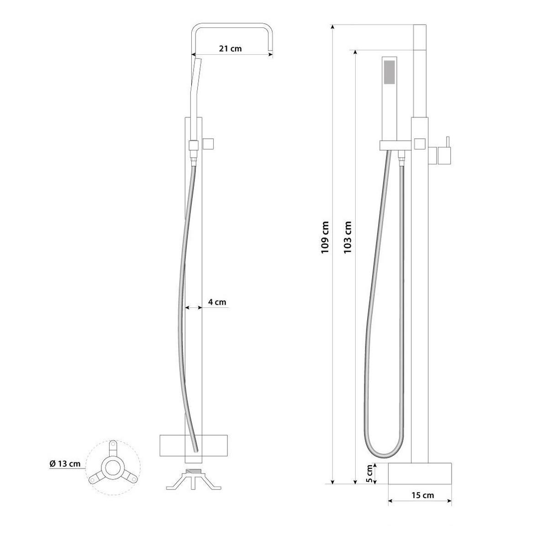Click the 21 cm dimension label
[x=230, y=48]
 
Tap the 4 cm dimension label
[x=217, y=302]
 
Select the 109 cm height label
[x=325, y=237]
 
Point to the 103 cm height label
[x=348, y=237]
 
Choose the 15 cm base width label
[x=422, y=495]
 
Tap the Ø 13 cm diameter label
[x=65, y=464]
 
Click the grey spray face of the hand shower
[x=390, y=72]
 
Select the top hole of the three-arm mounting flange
[x=113, y=443]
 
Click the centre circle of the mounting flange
[x=113, y=467]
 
